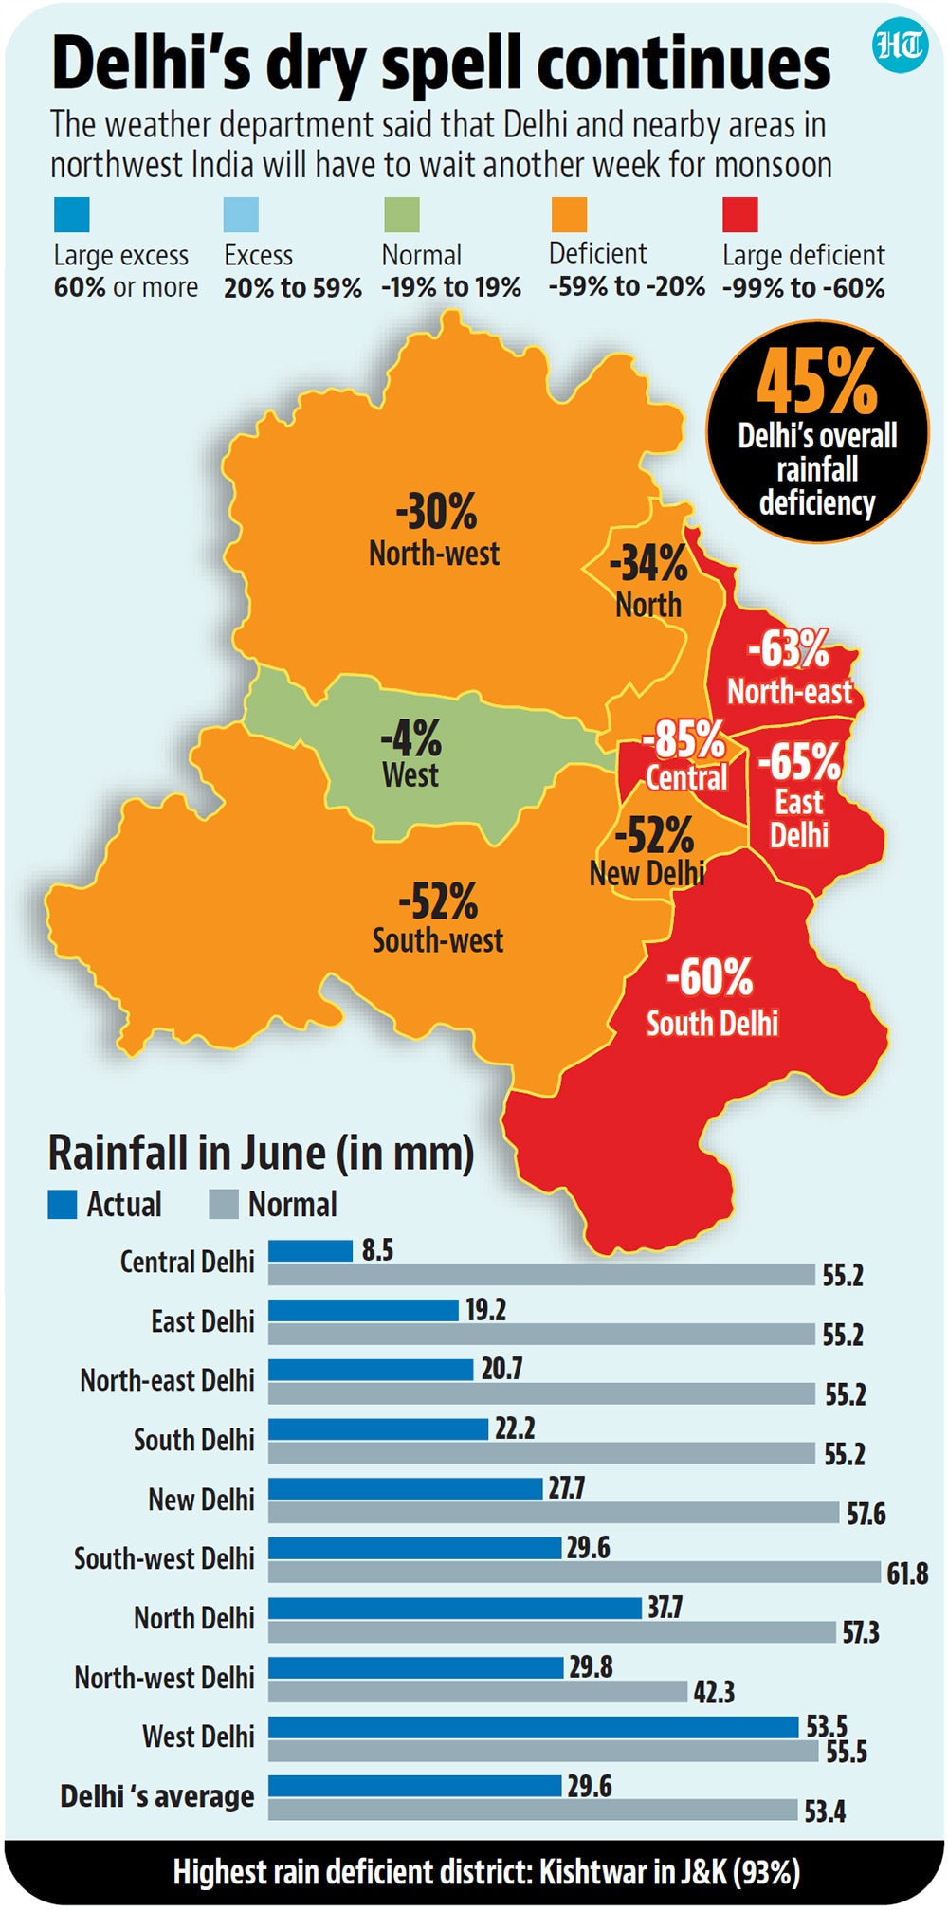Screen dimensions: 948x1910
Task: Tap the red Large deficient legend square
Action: pyautogui.click(x=739, y=214)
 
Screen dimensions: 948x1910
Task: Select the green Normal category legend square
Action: pyautogui.click(x=401, y=214)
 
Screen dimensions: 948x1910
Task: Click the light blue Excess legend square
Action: pyautogui.click(x=241, y=214)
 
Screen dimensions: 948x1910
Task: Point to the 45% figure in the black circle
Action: pyautogui.click(x=817, y=381)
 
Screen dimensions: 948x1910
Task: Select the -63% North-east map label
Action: pyautogui.click(x=789, y=649)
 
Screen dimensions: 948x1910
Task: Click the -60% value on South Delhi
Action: pyautogui.click(x=710, y=977)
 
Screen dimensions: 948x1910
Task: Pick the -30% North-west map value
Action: pyautogui.click(x=436, y=512)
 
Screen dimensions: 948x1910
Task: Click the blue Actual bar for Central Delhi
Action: pyautogui.click(x=310, y=1250)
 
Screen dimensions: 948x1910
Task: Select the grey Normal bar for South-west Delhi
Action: pyautogui.click(x=574, y=1573)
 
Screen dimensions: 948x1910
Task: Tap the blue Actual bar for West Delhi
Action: pyautogui.click(x=534, y=1727)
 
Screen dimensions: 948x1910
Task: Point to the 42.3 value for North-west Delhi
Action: pyautogui.click(x=714, y=1692)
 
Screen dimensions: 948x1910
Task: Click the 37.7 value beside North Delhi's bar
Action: pyautogui.click(x=665, y=1608)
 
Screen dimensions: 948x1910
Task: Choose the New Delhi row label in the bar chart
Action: pyautogui.click(x=201, y=1500)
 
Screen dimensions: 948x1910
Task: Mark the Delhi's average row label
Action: pyautogui.click(x=157, y=1796)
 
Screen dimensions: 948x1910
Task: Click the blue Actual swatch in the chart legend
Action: pyautogui.click(x=63, y=1205)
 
